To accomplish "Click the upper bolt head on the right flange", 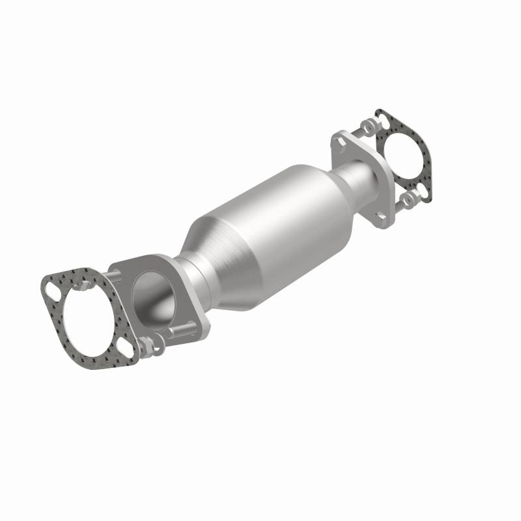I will click(339, 140).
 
